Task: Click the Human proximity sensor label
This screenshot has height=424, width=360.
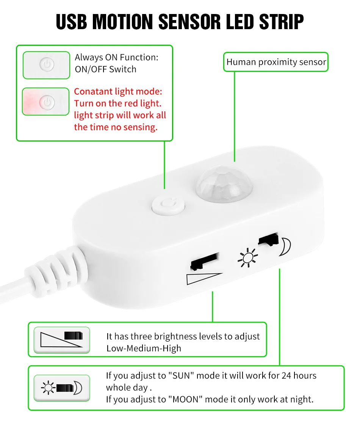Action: click(276, 62)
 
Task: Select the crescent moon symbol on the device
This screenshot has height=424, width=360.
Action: click(286, 247)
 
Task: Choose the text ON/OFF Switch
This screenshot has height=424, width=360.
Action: click(105, 69)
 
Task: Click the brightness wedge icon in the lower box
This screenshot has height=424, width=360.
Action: click(62, 339)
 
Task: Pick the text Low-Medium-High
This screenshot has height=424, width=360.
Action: click(144, 348)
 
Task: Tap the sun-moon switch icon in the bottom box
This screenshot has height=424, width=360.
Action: click(62, 388)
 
